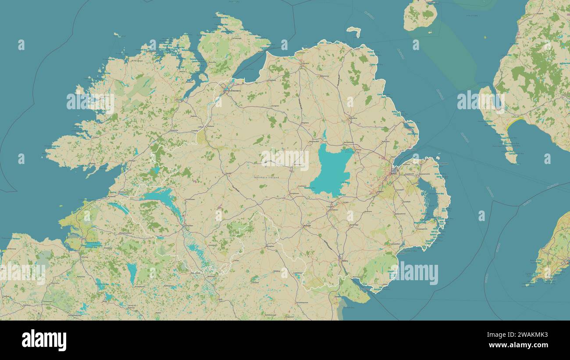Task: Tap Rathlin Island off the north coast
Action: [x=353, y=31]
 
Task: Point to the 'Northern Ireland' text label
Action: [x=267, y=177]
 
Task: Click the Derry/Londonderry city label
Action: [x=228, y=89]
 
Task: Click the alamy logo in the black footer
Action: [x=44, y=340]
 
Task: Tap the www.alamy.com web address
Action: [x=520, y=345]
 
